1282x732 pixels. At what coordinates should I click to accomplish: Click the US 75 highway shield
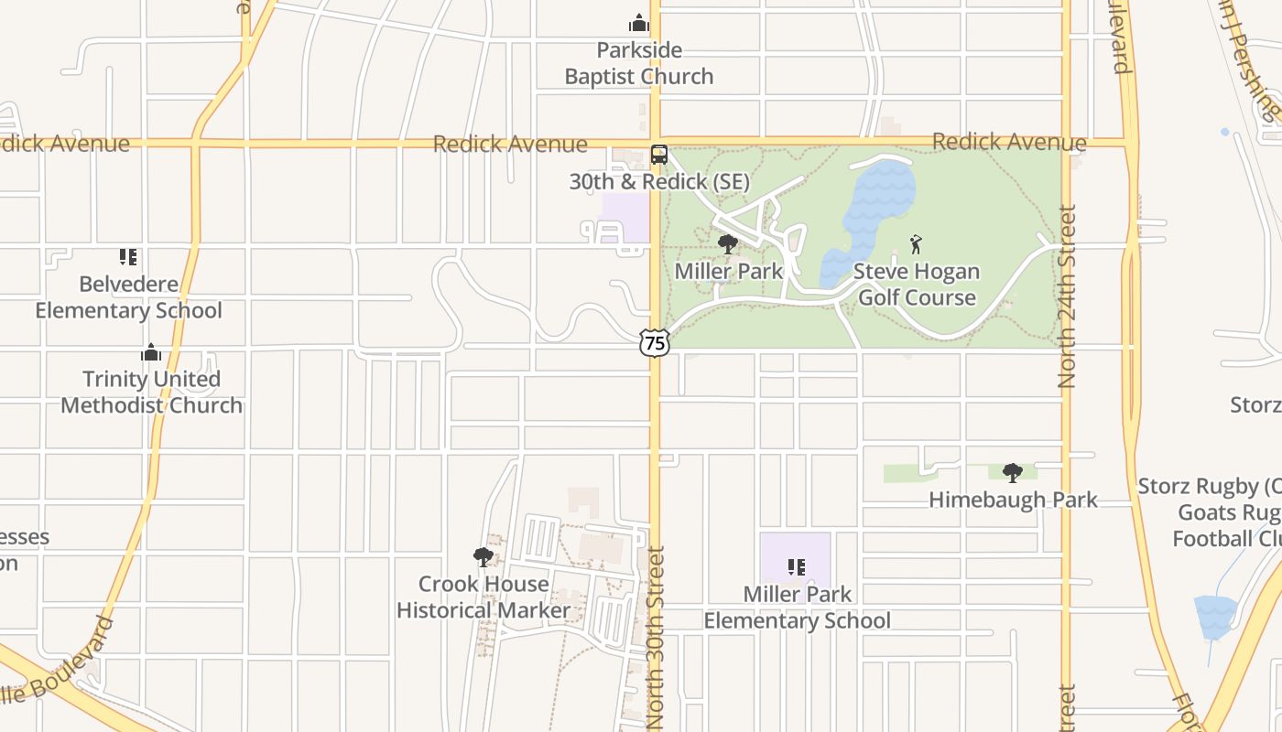655,343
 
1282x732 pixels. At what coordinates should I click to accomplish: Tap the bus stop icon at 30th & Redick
659,155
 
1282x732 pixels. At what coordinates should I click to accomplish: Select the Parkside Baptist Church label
639,63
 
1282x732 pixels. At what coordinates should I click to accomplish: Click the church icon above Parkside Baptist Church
639,23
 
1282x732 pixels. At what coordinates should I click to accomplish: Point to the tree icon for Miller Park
728,244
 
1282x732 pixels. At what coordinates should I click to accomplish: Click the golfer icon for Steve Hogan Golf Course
916,244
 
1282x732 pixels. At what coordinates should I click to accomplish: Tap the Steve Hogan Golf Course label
917,285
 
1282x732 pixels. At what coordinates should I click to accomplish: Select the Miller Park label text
729,271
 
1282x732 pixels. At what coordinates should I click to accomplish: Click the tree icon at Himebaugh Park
1013,473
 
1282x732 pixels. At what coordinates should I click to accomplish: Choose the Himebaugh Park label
1013,500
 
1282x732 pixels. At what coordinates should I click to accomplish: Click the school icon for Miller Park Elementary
797,567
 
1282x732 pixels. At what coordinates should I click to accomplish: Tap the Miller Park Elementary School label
797,608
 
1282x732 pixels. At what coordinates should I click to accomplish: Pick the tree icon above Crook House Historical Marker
483,556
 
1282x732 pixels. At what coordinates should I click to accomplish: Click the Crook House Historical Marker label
483,597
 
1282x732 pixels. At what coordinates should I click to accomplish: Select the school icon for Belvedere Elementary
128,257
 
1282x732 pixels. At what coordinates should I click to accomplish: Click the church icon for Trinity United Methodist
151,352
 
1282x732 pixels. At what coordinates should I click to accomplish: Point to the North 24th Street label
1067,296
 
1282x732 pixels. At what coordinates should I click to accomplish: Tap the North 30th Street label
656,638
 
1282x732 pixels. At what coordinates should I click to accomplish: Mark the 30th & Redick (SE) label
659,181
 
